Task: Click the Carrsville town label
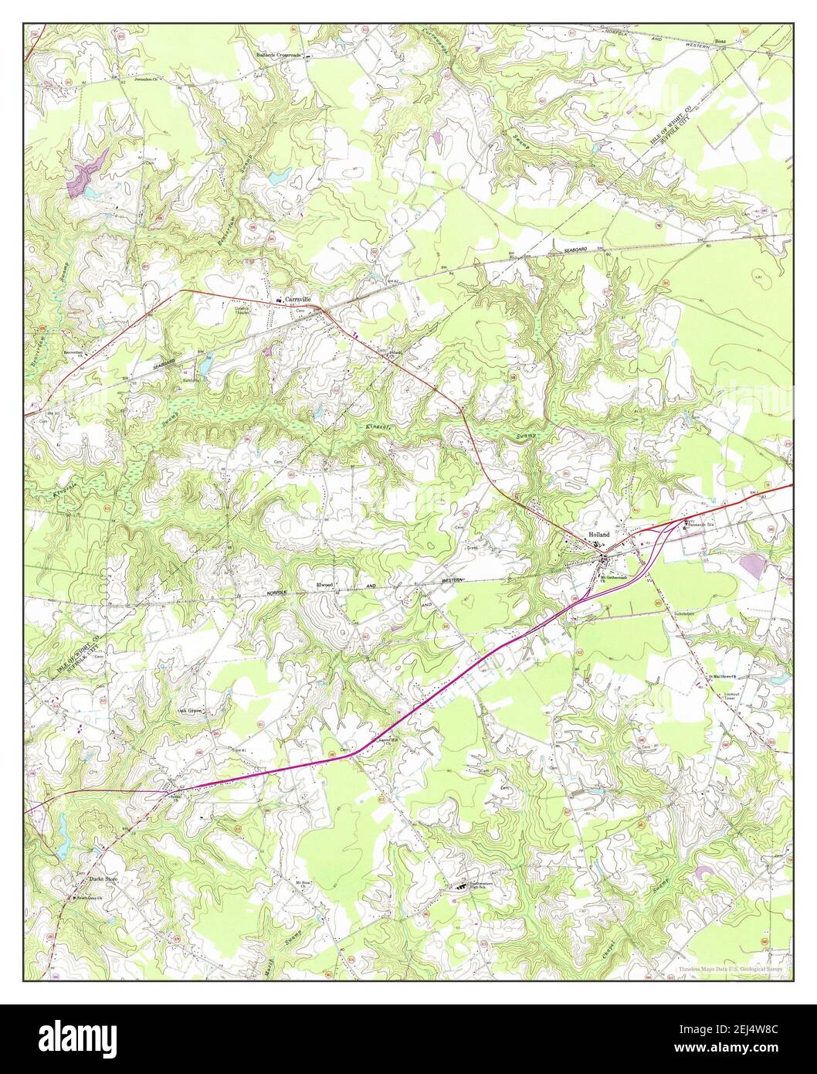(297, 298)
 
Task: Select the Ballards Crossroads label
(280, 56)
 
